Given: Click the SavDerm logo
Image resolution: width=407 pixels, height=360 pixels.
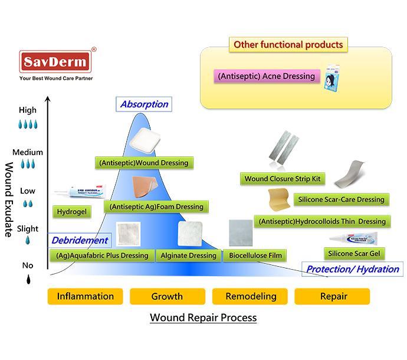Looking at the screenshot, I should (54, 61).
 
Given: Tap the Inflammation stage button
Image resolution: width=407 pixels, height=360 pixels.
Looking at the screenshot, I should (85, 296).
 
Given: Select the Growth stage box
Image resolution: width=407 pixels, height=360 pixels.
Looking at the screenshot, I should (167, 296).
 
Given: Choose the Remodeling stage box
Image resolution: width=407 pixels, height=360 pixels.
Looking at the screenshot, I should (250, 296).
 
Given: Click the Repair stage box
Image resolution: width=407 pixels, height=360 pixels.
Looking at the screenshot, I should (332, 296).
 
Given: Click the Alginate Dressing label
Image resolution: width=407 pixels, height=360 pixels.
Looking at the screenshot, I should (188, 256).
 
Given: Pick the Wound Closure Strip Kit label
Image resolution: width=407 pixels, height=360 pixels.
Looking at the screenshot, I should (283, 179).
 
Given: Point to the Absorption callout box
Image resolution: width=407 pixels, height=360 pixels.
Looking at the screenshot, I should (144, 104).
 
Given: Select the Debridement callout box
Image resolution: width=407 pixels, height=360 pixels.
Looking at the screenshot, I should (80, 240).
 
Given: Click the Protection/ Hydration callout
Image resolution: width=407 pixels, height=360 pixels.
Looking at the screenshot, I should (352, 269).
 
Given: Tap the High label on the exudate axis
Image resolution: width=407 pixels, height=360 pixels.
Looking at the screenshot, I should (28, 110).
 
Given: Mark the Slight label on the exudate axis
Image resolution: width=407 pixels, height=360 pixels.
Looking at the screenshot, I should (28, 229).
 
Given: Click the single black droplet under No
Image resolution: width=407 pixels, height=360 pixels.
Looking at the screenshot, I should (28, 280).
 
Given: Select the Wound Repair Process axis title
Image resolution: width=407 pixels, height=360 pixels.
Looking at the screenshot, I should (203, 318).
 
